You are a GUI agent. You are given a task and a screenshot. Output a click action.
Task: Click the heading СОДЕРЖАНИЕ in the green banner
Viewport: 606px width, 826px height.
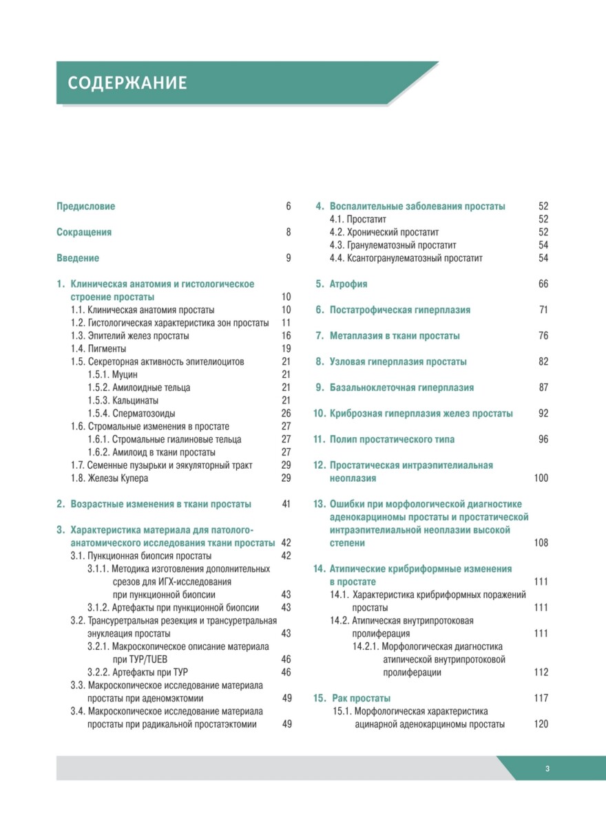(x=127, y=83)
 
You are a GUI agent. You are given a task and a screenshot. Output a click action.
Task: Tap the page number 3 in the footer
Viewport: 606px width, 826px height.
(x=546, y=769)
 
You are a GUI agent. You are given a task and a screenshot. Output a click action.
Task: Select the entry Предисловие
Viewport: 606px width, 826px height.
(x=86, y=206)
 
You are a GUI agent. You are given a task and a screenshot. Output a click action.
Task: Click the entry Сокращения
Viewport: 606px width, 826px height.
(x=84, y=233)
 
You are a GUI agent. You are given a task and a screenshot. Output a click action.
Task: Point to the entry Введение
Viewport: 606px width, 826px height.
(x=78, y=258)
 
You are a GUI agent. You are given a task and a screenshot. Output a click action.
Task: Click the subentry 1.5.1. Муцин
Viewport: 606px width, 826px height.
(x=113, y=374)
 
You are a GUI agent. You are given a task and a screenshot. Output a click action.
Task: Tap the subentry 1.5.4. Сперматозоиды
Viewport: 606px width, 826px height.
(x=131, y=414)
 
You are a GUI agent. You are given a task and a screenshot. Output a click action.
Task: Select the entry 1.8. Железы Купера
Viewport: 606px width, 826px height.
(x=109, y=478)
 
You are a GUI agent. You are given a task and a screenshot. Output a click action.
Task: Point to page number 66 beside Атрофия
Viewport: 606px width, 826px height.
(x=543, y=284)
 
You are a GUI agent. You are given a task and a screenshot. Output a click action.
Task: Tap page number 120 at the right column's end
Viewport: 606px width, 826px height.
(x=541, y=724)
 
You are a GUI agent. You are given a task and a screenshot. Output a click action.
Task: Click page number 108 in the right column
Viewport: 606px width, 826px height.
(x=541, y=543)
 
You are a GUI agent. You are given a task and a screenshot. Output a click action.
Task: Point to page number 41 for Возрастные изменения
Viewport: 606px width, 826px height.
(x=286, y=504)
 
